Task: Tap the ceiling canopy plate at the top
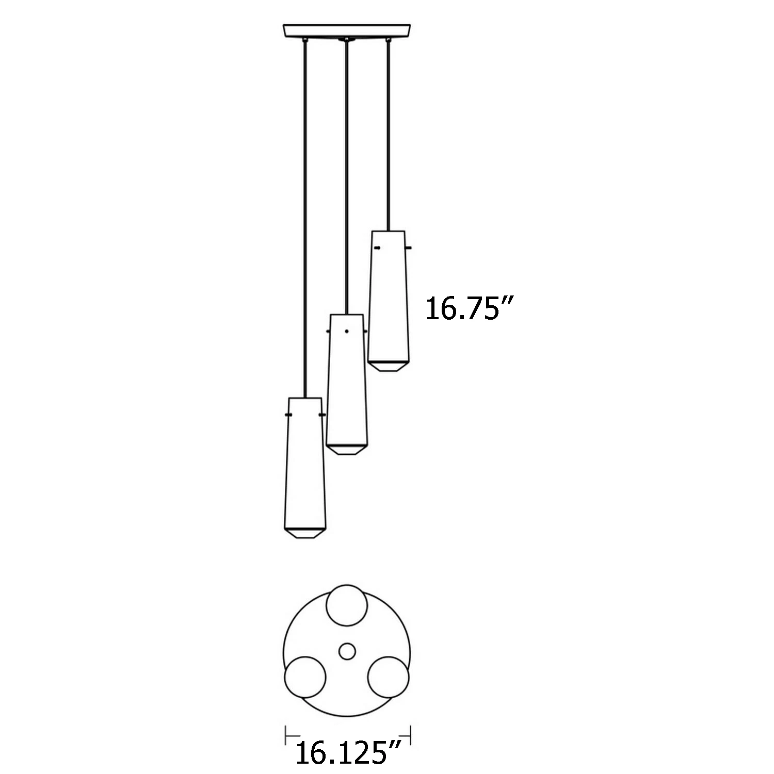point(347,30)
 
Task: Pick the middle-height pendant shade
point(347,384)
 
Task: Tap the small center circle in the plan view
point(347,652)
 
